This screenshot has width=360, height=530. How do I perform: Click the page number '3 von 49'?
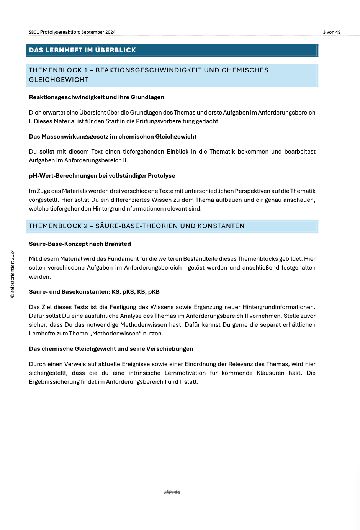332,32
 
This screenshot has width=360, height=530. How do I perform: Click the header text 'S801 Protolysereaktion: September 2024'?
72,32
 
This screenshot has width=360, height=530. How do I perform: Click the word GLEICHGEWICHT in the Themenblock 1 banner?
59,80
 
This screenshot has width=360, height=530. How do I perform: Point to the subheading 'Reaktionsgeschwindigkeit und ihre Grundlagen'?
97,97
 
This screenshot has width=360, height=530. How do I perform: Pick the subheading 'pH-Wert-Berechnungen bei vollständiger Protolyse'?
102,176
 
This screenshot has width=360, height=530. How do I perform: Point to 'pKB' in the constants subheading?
154,292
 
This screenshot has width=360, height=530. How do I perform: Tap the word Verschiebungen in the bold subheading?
170,349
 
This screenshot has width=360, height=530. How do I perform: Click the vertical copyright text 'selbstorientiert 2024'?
13,273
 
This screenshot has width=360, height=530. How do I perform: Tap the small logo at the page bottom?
172,492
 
